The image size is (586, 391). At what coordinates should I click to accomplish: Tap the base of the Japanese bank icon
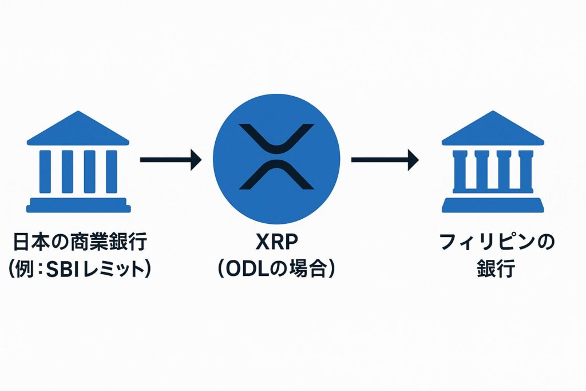(78, 205)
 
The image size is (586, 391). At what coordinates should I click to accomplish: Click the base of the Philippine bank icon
(493, 205)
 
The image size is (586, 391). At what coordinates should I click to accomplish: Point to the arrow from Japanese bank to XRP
(171, 160)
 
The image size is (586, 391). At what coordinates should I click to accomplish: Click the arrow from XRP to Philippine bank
(385, 160)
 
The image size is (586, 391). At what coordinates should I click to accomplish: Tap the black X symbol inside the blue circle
(276, 156)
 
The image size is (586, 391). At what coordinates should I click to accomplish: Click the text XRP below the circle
(276, 242)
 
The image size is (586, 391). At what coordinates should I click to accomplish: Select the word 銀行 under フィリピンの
(496, 268)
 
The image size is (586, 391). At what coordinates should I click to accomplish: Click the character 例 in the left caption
(24, 269)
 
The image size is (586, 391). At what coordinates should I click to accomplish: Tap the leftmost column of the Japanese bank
(45, 172)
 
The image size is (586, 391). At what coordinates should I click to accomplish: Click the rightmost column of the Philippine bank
(526, 170)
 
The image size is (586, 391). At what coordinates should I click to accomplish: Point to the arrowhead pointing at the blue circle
(196, 160)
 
